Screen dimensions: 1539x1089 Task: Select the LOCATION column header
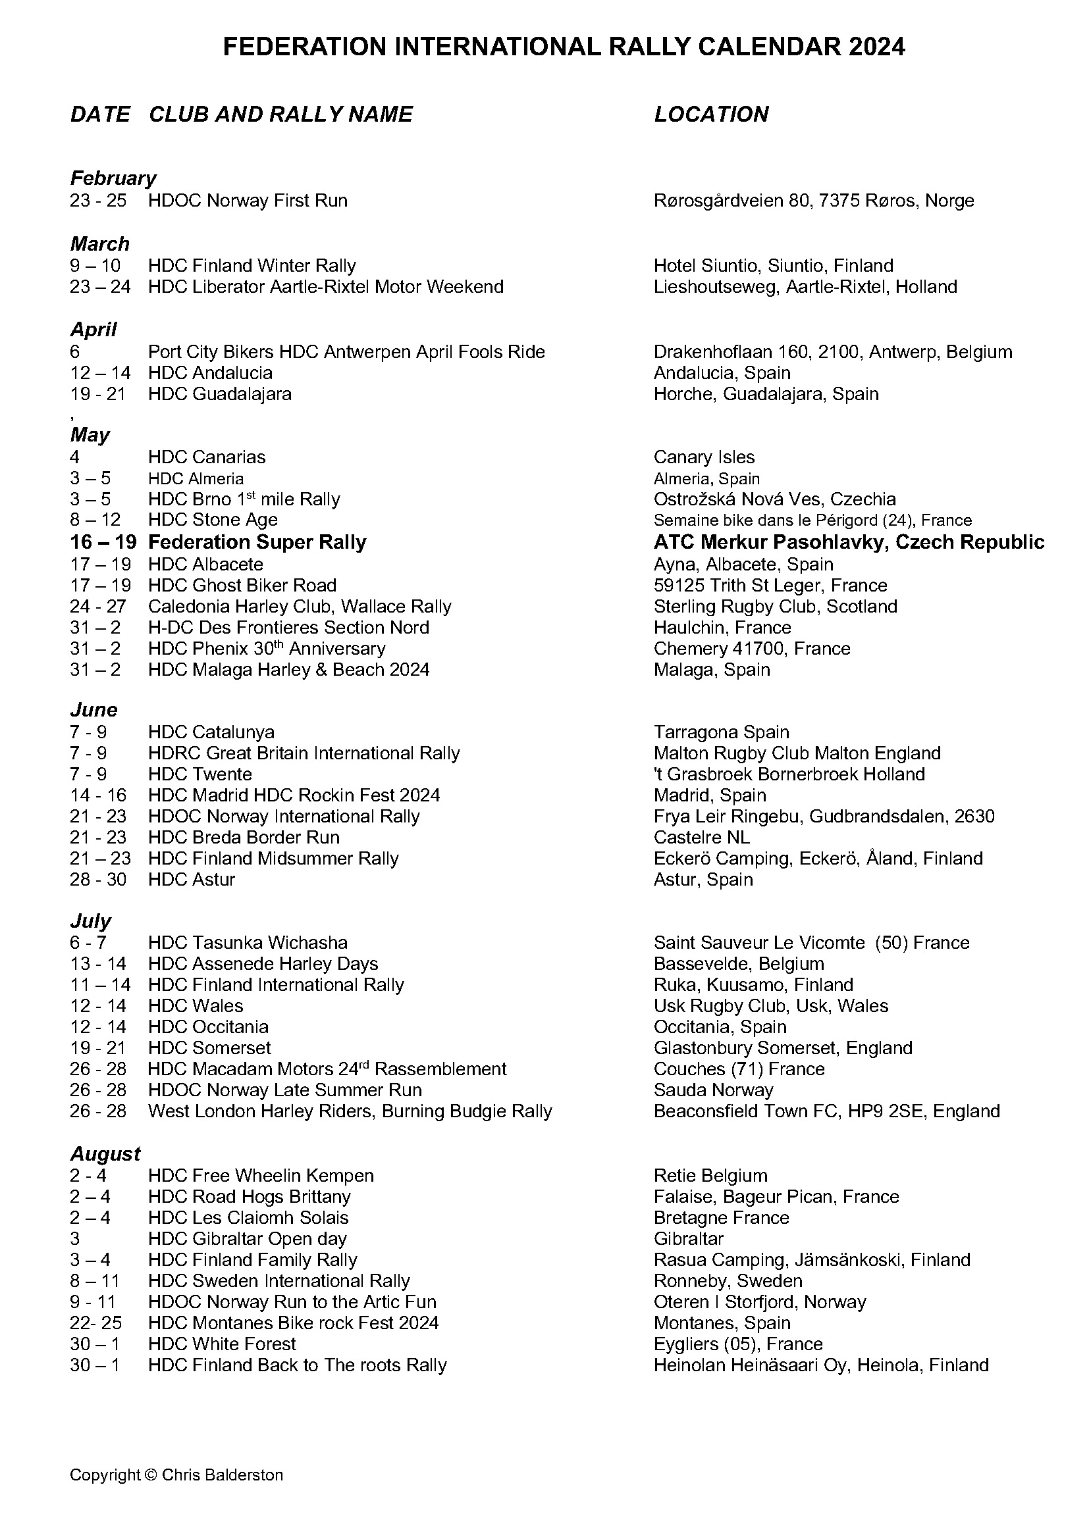711,114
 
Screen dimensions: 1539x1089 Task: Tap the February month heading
113,178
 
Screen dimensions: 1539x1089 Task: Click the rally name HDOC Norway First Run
248,201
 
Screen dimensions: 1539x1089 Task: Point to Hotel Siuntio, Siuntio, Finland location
773,265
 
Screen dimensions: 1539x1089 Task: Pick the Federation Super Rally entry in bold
257,542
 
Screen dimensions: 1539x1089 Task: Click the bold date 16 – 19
103,542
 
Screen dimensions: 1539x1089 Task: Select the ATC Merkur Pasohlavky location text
848,542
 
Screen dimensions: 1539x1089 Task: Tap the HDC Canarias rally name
207,457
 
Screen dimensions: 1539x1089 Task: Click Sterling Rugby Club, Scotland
775,607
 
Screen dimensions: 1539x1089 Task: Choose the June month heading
94,710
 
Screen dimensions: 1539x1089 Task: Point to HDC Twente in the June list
200,774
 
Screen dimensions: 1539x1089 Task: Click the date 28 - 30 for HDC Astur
98,880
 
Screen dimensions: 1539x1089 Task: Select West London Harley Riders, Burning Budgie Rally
350,1111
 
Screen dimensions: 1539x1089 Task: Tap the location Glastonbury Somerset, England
783,1047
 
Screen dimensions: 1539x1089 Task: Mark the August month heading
105,1154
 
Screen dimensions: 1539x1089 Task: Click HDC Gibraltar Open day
248,1239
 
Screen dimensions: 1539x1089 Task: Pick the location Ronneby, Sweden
728,1281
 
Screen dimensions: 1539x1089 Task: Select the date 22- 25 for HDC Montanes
98,1323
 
